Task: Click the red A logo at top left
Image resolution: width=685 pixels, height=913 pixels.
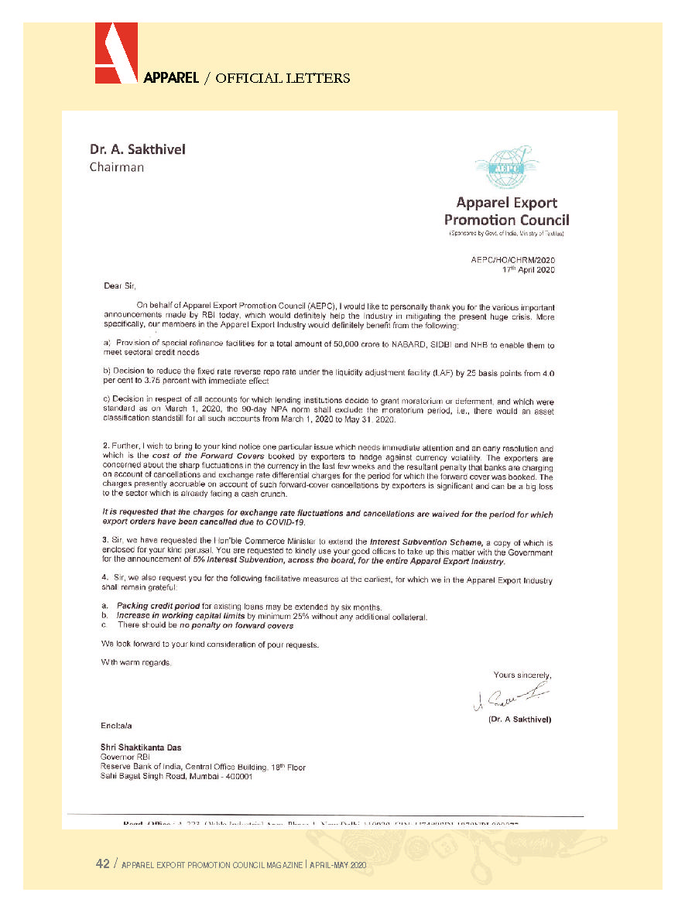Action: coord(116,53)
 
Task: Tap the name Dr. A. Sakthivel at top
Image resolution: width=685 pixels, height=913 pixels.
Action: coord(137,149)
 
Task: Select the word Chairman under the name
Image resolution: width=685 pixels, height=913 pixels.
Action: coord(116,166)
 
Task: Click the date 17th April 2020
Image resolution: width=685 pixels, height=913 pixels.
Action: coord(529,270)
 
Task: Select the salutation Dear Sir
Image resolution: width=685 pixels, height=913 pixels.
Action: coord(119,286)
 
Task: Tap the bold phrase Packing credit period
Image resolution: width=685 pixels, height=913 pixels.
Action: coord(159,605)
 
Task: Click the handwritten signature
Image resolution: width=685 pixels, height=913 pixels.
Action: coord(511,698)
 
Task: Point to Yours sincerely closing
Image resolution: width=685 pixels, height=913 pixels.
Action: coord(522,675)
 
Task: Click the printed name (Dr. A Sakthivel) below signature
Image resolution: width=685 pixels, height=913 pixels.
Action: coord(519,719)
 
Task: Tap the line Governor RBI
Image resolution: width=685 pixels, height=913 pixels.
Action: coord(125,757)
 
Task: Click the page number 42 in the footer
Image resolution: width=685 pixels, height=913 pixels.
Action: coord(102,864)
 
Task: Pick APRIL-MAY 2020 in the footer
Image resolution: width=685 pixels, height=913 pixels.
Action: coord(337,865)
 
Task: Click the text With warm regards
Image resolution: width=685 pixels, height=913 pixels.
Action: coord(136,662)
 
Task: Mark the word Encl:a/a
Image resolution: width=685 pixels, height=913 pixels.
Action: coord(117,726)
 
